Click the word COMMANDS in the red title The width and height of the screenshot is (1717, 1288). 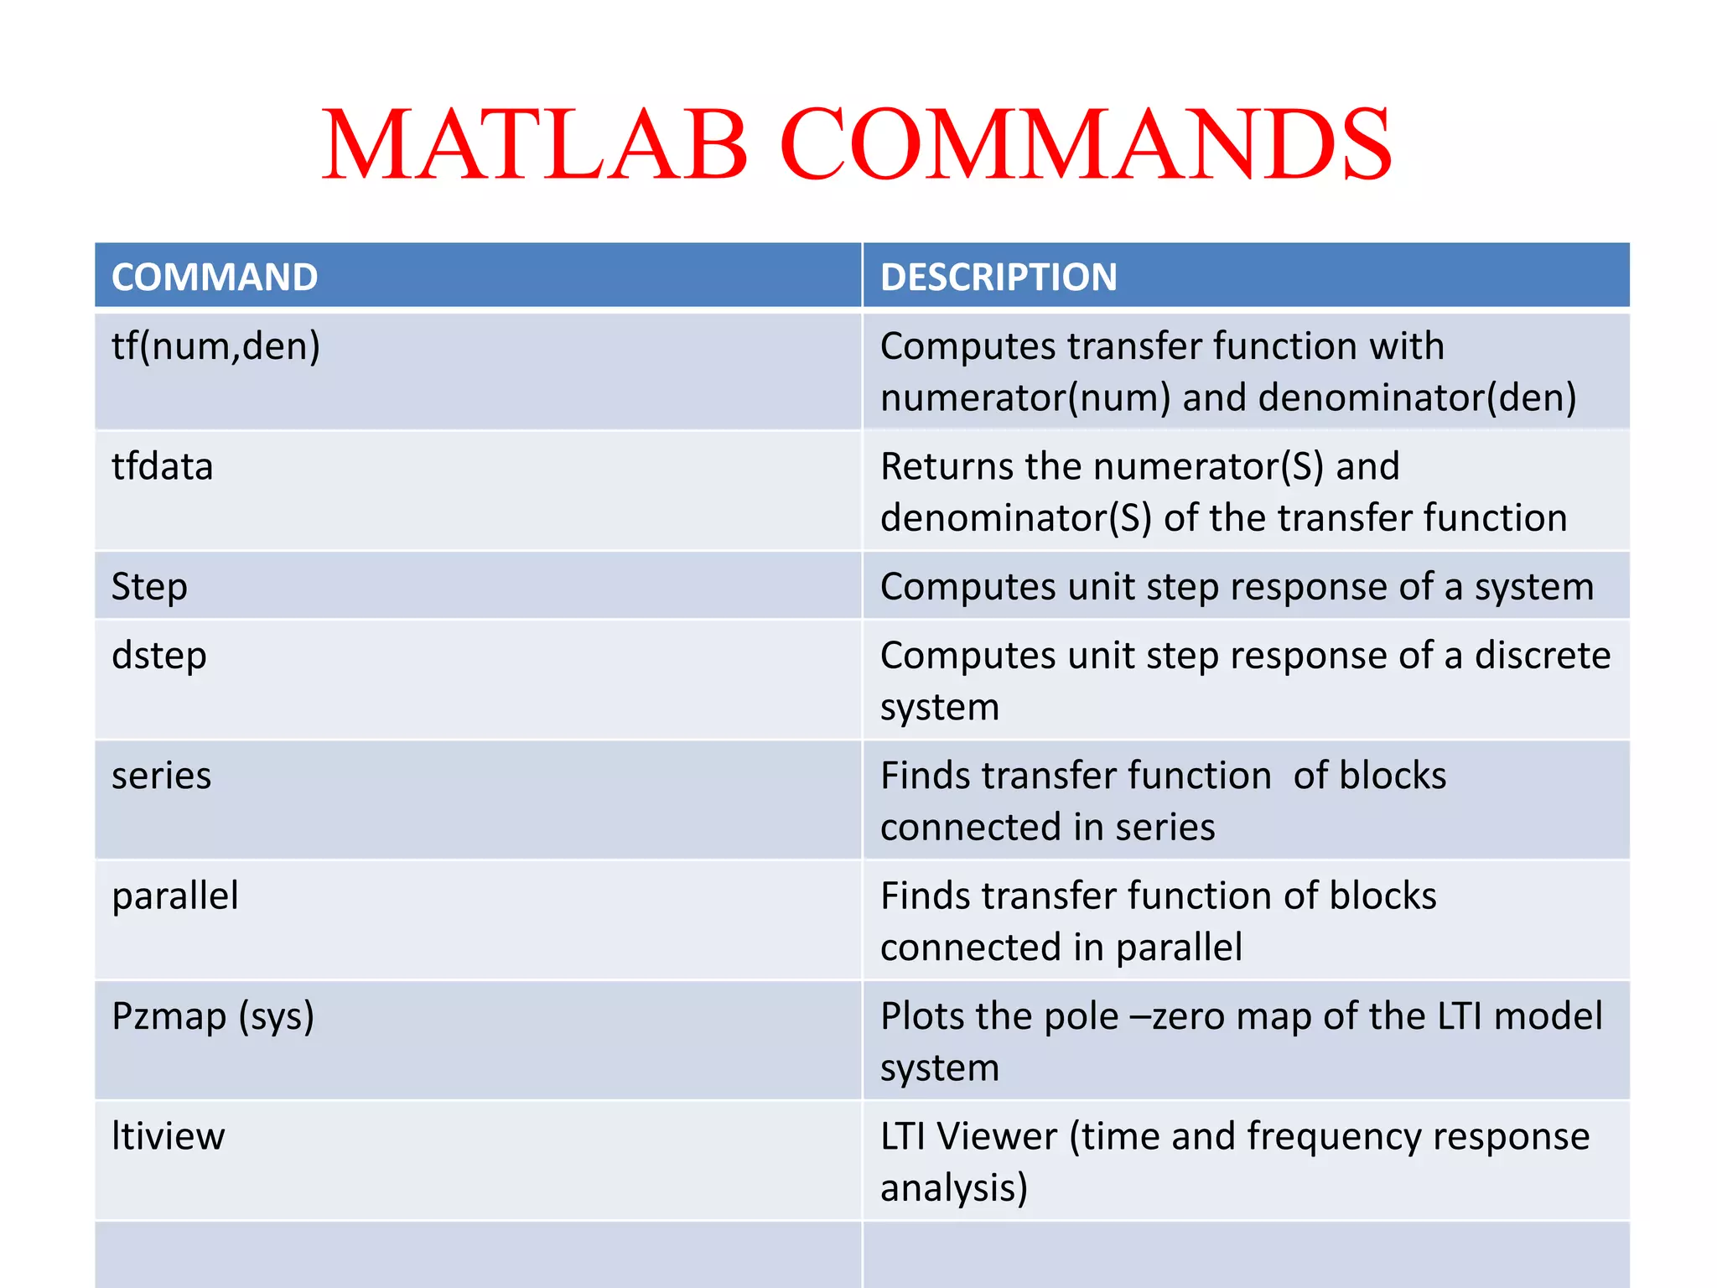point(1086,144)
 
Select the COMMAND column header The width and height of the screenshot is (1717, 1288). point(215,277)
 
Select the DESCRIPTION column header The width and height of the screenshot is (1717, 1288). point(999,277)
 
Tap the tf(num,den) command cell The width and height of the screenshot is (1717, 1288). point(216,346)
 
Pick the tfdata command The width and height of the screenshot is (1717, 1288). point(163,466)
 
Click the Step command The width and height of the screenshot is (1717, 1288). point(149,587)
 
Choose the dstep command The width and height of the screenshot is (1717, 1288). point(159,656)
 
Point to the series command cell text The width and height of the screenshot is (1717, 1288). point(162,776)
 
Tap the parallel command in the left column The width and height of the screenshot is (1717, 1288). point(175,896)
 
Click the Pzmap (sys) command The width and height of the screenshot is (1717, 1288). point(213,1016)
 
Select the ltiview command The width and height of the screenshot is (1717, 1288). point(169,1136)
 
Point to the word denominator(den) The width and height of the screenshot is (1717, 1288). point(1417,397)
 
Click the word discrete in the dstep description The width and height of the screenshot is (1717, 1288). point(1542,656)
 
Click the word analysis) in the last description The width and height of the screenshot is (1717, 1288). point(953,1188)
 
